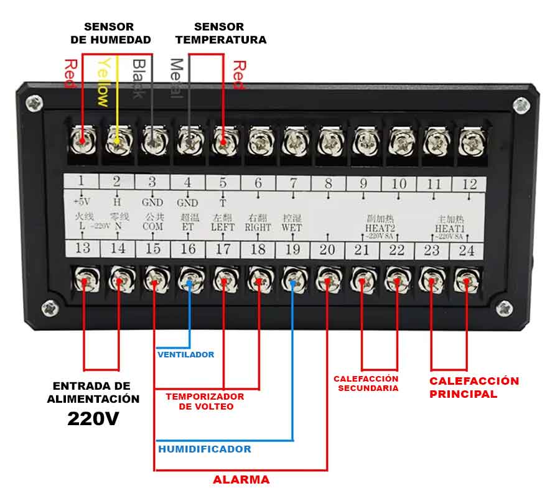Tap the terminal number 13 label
[83, 249]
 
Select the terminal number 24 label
[465, 250]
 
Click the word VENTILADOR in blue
[185, 355]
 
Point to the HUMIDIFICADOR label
[205, 449]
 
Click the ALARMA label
[241, 480]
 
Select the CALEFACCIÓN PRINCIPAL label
[474, 387]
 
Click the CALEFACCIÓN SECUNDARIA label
[366, 383]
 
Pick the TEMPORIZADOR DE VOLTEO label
[205, 402]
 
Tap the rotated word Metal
[176, 77]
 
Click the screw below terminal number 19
[292, 282]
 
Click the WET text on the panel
[291, 228]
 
